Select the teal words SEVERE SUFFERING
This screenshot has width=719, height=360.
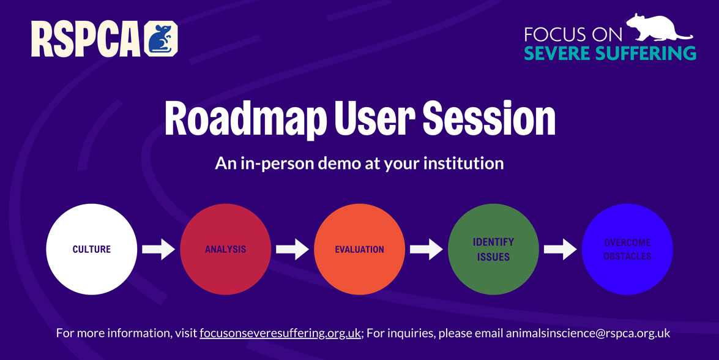click(x=609, y=53)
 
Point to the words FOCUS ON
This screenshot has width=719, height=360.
click(x=573, y=34)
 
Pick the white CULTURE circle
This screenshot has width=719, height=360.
click(x=91, y=249)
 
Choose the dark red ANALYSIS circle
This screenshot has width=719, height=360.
click(x=225, y=249)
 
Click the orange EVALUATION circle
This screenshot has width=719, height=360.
click(x=359, y=249)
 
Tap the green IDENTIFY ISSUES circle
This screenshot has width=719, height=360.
click(x=493, y=249)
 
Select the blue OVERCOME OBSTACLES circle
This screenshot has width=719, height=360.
click(x=627, y=249)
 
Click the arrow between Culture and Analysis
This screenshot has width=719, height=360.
click(x=158, y=249)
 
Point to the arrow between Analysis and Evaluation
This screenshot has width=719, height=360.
click(x=292, y=249)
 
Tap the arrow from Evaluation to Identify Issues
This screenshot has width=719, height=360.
click(x=427, y=249)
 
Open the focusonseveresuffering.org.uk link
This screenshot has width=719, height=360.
click(x=280, y=334)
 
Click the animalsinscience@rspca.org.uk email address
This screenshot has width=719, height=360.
click(x=587, y=334)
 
